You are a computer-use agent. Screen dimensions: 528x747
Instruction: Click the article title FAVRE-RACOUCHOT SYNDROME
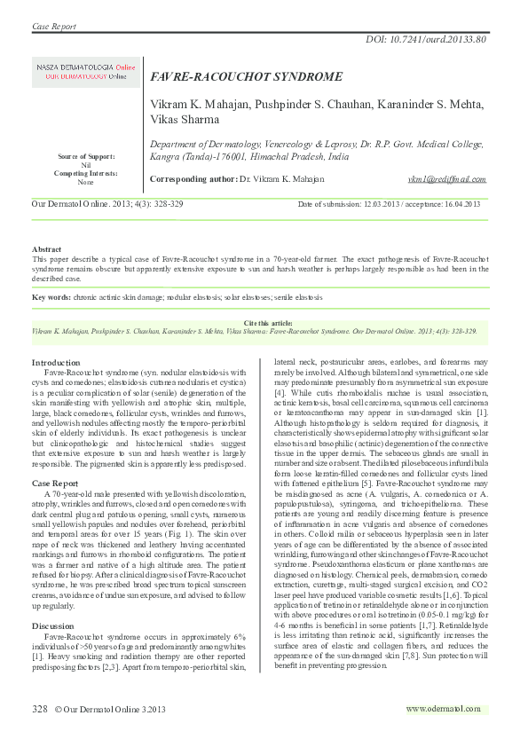pos(246,77)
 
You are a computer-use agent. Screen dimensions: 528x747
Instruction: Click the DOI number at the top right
pos(426,40)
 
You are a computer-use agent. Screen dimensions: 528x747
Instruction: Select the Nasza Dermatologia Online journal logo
pos(86,72)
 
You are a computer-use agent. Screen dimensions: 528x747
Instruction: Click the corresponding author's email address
pos(446,179)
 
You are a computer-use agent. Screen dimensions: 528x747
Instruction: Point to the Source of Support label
pos(86,156)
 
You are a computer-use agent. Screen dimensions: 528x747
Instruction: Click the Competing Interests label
pos(86,173)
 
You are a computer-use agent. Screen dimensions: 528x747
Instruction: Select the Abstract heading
pos(47,250)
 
